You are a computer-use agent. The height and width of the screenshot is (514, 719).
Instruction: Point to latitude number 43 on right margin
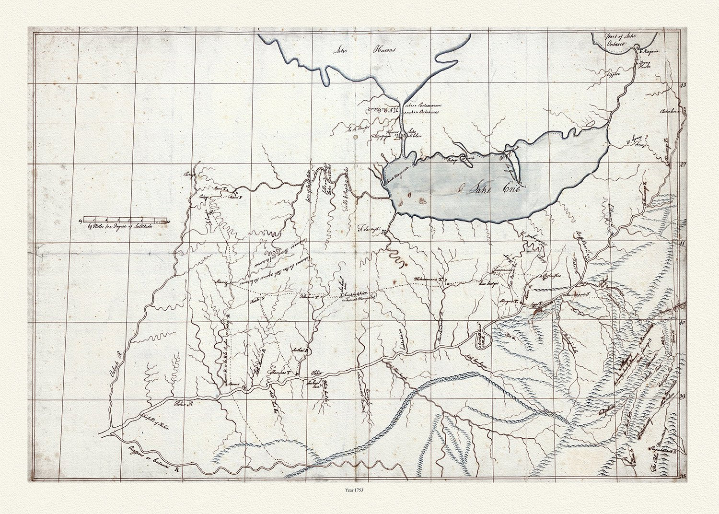click(683, 85)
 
